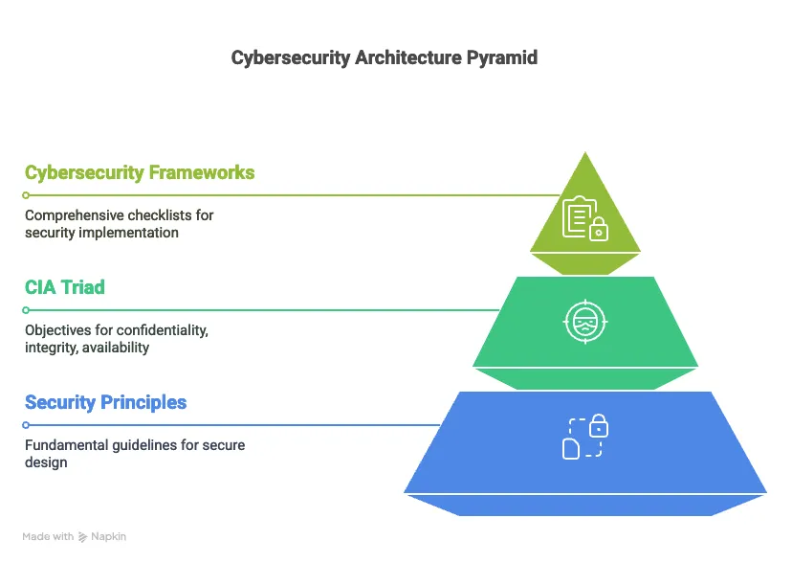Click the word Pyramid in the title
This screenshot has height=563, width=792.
[501, 58]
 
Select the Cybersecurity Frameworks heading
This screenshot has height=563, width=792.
[140, 173]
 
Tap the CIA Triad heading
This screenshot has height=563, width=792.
[65, 288]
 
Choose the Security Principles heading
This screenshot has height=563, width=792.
[106, 402]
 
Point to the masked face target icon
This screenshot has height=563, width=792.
[585, 322]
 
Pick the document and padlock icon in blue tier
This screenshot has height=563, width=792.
[585, 437]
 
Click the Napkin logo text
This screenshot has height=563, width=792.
[108, 537]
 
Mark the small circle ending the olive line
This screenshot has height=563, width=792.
[27, 195]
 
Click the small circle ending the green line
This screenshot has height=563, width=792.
[27, 310]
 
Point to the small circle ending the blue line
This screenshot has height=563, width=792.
[27, 425]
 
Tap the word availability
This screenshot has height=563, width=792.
[115, 348]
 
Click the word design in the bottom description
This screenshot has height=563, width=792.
[46, 462]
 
